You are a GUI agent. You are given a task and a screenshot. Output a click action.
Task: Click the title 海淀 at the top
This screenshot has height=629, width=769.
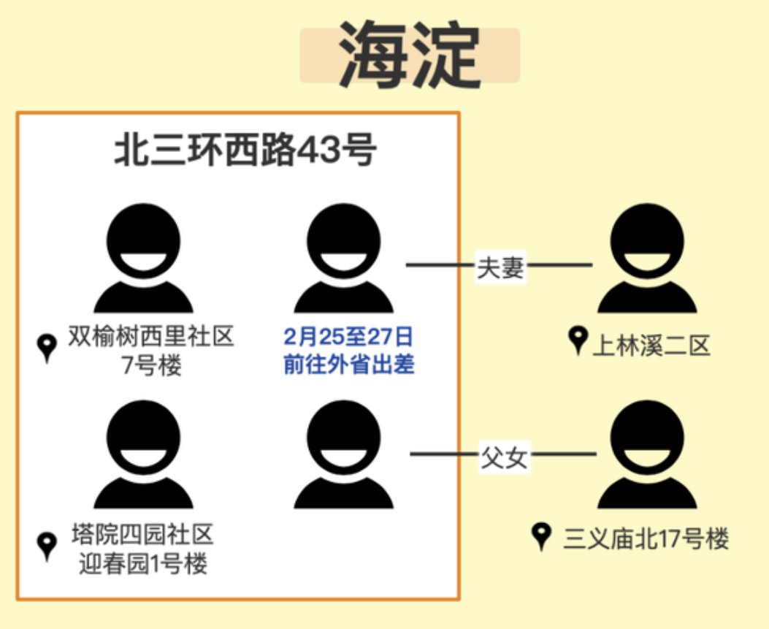tap(409, 56)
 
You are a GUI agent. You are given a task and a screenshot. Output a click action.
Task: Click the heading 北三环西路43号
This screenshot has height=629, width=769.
tap(245, 153)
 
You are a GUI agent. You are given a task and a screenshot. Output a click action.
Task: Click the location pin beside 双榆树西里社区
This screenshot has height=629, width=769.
tap(47, 348)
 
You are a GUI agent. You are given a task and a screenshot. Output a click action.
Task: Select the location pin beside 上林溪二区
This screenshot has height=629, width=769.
tap(578, 340)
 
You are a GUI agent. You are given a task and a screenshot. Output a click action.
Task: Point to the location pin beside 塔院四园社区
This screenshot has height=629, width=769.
tap(47, 546)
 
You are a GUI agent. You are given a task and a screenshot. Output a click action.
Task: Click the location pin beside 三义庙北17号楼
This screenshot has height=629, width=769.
tap(541, 537)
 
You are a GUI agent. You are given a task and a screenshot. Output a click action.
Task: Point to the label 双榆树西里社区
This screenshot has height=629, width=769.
tap(152, 337)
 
